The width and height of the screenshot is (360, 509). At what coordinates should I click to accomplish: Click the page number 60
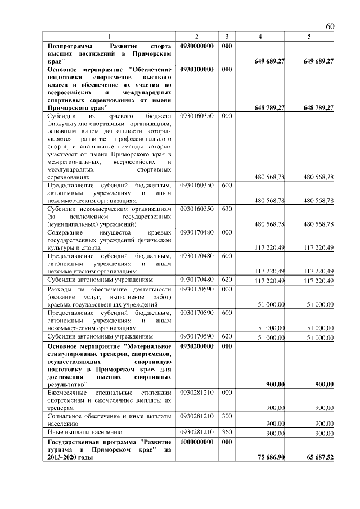pyautogui.click(x=330, y=27)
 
